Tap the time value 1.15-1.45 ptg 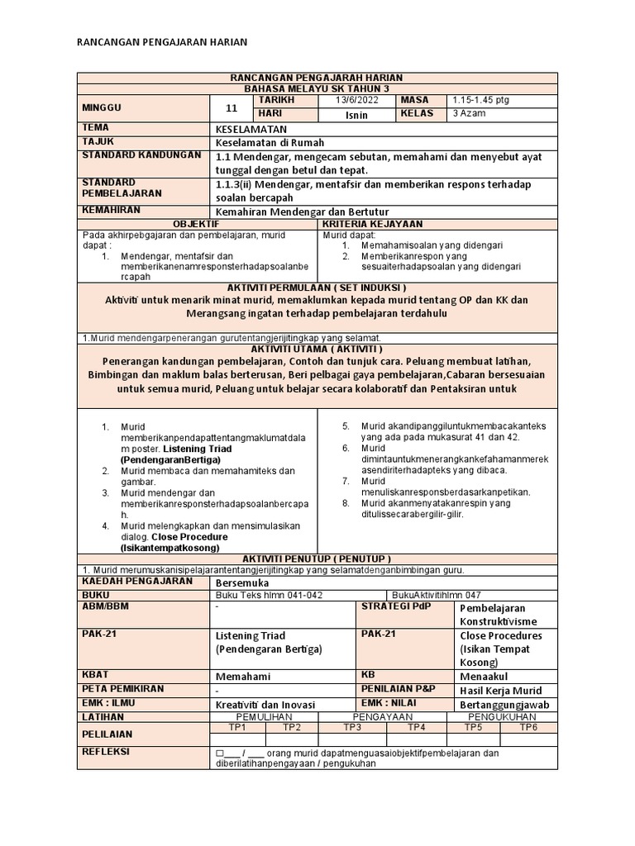pos(480,100)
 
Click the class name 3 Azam pos(469,113)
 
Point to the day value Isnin pos(356,115)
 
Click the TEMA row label pos(96,128)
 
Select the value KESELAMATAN pos(250,130)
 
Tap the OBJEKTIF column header pos(196,224)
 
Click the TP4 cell pos(416,727)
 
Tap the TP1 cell pos(237,727)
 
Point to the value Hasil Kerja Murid pos(500,691)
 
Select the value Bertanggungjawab pos(504,705)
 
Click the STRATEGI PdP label pos(389,607)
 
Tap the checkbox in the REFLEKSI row pos(219,753)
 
